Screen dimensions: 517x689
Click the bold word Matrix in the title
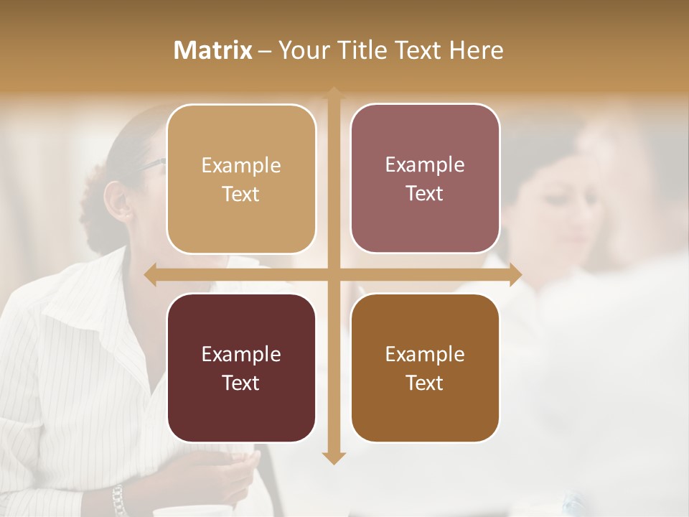point(213,50)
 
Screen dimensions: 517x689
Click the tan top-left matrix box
point(241,179)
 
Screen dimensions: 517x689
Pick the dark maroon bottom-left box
point(241,368)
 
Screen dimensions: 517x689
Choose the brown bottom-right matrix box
point(425,368)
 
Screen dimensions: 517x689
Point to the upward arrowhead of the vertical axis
point(333,93)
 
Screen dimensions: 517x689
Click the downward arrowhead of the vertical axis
point(333,457)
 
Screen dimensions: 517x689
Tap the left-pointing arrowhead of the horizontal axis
point(151,274)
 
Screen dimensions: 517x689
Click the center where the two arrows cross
point(333,274)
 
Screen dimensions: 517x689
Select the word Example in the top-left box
point(241,166)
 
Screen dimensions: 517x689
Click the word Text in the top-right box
point(425,193)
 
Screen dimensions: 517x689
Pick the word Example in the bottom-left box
point(241,355)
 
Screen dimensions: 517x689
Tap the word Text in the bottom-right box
point(425,383)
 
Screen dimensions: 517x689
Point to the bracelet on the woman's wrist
point(118,499)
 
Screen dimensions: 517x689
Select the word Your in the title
point(302,50)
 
